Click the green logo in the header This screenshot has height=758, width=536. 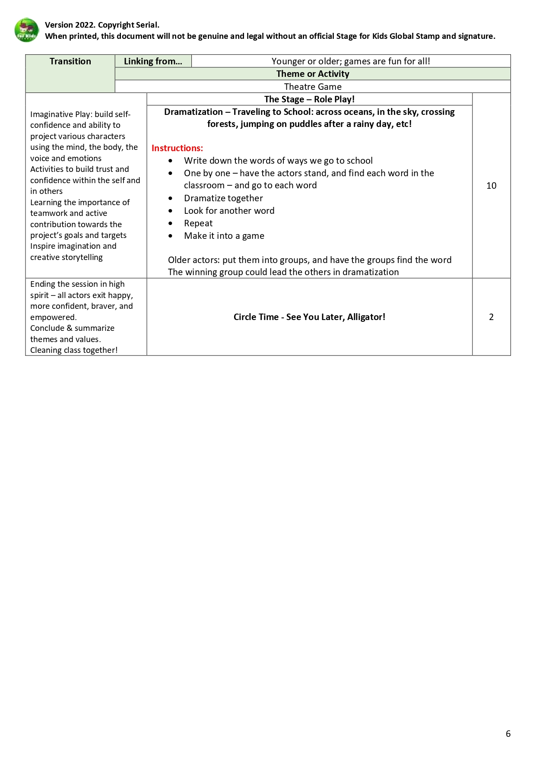coord(26,30)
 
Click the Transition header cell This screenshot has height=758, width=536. coord(70,61)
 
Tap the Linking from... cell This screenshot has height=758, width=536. coord(153,61)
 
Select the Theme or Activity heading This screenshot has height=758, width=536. coord(313,74)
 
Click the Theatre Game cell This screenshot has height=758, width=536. coord(313,87)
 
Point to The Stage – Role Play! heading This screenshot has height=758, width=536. coord(309,99)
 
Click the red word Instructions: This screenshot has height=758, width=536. coord(177,148)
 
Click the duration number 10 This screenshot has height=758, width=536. coord(491,186)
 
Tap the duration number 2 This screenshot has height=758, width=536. coord(491,317)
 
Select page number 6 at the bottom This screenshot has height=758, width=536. coord(508,734)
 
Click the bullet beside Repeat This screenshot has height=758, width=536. coord(171,224)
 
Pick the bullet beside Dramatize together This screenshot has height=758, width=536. coord(171,199)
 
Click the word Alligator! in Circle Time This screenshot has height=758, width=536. coord(366,317)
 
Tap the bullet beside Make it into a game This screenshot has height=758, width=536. coord(171,236)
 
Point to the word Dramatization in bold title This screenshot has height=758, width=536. coord(193,112)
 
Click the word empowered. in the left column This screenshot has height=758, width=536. coord(53,317)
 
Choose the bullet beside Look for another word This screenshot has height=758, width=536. coord(171,211)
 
